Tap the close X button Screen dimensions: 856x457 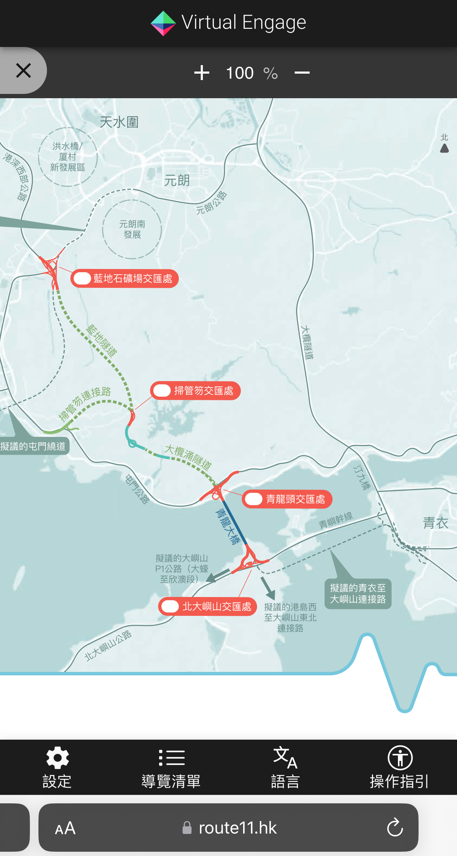coord(23,70)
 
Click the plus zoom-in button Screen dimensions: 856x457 coord(201,73)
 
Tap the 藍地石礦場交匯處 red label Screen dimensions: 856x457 coord(125,278)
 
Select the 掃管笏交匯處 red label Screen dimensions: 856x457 coord(195,391)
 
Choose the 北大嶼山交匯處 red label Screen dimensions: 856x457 coord(208,606)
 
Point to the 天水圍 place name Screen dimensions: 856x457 coord(119,122)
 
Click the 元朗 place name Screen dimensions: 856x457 coord(177,180)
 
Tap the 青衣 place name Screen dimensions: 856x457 coord(435,523)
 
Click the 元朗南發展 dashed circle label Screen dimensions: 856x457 coord(132,229)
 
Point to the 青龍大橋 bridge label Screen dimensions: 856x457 coord(227,527)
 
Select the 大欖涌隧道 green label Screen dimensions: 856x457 coord(188,457)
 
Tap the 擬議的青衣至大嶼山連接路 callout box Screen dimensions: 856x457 coord(358,594)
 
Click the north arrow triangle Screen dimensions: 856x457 coord(444,148)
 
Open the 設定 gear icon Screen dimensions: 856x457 coord(57,758)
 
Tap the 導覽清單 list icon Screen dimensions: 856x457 coord(171,758)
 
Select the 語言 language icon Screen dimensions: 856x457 coord(285,758)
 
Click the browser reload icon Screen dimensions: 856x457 coord(395,827)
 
